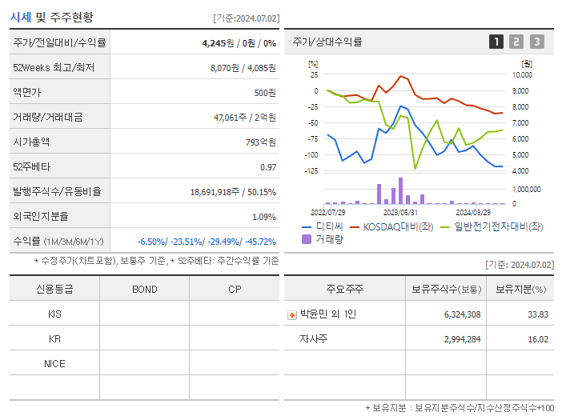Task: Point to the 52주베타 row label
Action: [29, 167]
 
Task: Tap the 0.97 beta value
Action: [267, 167]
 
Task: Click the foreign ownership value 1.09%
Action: [263, 217]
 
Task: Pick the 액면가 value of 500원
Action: [264, 93]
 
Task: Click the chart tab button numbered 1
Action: [496, 42]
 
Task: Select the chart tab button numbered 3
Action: [536, 42]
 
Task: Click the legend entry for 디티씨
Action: [323, 227]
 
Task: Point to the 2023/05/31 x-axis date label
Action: [401, 212]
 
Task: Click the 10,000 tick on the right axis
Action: [522, 75]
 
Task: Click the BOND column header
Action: [144, 290]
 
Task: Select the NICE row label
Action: [54, 364]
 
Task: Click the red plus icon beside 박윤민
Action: [292, 315]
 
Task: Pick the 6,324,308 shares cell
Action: [462, 315]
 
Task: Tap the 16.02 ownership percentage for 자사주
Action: [538, 339]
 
